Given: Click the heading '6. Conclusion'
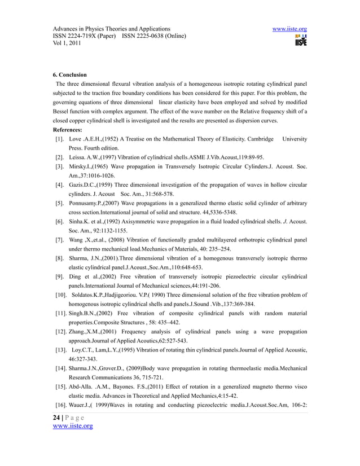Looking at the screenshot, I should tap(70, 74).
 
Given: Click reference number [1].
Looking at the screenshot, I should tap(59, 139).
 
